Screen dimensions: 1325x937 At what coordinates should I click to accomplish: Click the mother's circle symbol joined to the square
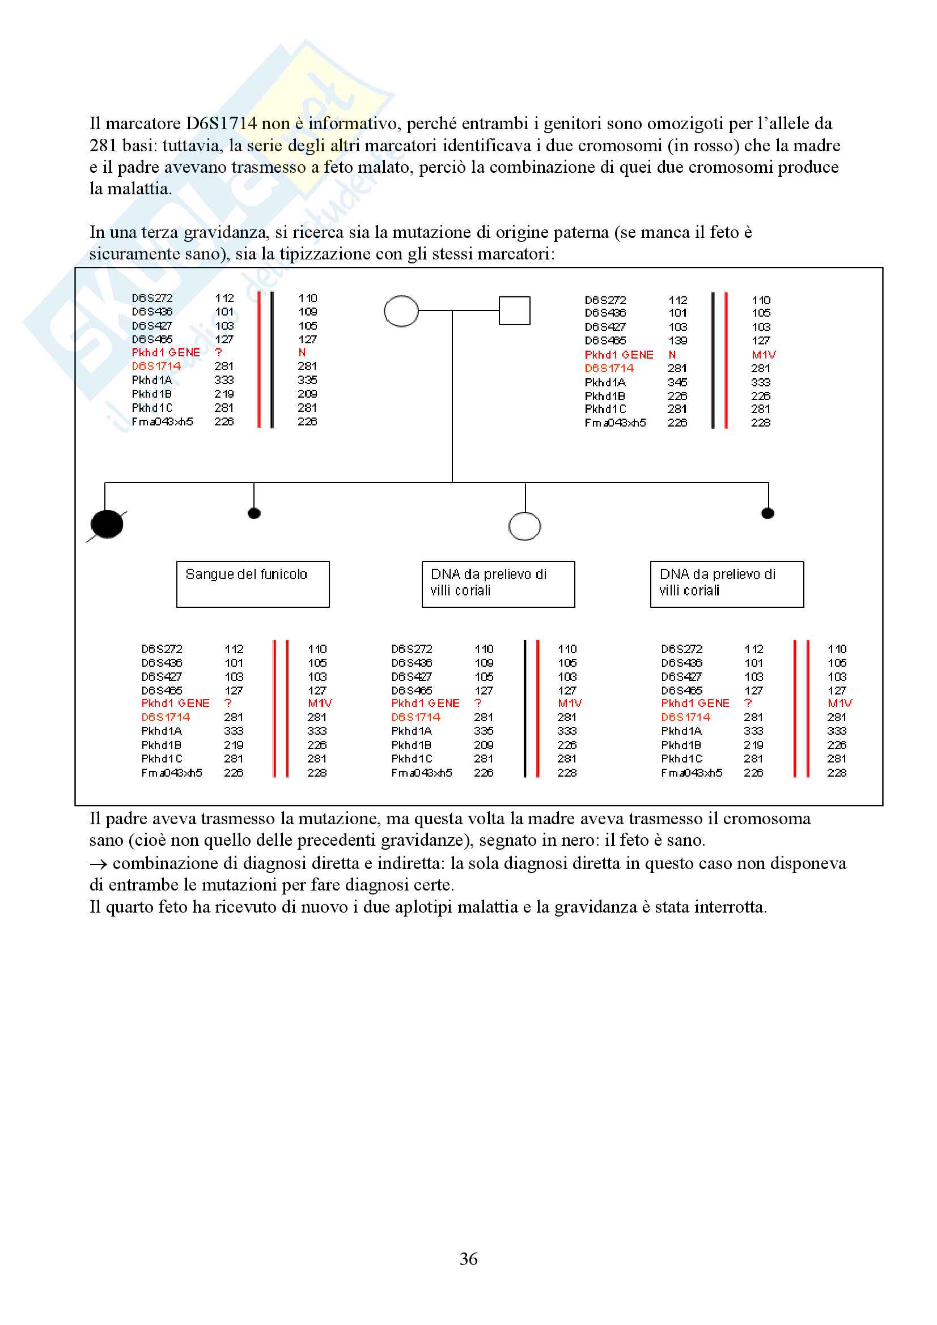(x=401, y=311)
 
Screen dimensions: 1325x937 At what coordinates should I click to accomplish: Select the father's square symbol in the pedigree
(x=514, y=310)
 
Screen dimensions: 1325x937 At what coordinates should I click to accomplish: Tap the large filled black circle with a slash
(x=107, y=525)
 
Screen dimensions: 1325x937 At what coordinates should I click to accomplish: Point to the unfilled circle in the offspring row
(x=524, y=526)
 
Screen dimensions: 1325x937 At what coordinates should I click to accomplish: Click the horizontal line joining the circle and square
(x=459, y=310)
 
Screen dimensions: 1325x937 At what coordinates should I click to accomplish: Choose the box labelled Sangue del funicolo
(x=253, y=583)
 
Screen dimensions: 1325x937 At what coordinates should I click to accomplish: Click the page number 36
(x=468, y=1259)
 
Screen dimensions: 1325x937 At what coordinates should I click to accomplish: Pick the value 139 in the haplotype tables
(x=678, y=340)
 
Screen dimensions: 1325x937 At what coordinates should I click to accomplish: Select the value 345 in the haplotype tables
(x=678, y=382)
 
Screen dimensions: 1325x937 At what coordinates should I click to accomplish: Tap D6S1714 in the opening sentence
(x=221, y=123)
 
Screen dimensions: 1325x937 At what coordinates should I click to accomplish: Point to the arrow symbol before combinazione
(x=98, y=864)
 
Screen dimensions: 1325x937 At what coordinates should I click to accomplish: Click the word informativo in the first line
(x=353, y=123)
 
